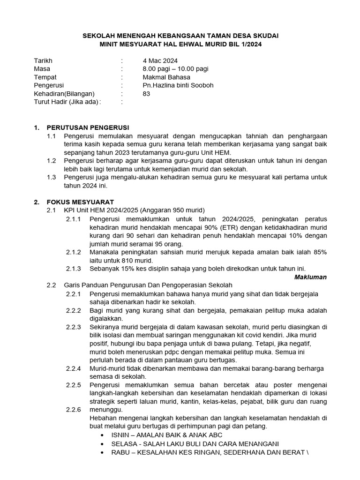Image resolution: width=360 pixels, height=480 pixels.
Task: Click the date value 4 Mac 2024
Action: (x=160, y=60)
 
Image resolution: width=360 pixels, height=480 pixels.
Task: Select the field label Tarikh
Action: (x=43, y=60)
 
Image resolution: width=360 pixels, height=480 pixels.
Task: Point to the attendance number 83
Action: (x=147, y=93)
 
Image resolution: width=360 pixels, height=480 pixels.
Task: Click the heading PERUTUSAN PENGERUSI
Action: (x=87, y=127)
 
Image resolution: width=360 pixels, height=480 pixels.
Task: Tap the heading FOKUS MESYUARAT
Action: (x=80, y=202)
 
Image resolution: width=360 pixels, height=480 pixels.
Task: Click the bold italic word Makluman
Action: (x=310, y=277)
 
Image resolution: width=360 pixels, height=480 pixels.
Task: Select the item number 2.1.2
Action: (x=73, y=252)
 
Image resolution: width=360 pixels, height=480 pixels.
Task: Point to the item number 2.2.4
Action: (x=73, y=368)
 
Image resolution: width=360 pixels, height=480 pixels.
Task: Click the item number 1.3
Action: (x=52, y=177)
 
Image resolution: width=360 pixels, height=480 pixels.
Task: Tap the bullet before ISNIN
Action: (x=103, y=435)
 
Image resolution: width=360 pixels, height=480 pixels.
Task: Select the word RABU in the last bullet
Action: (x=120, y=452)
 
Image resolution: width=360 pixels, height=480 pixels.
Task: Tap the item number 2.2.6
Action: (x=73, y=410)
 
